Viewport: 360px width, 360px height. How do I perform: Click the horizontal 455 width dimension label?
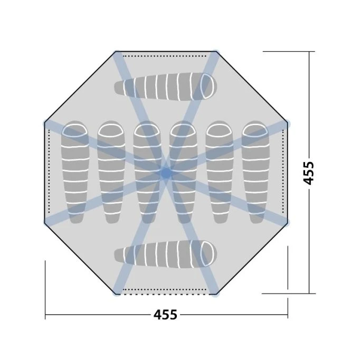coord(165,315)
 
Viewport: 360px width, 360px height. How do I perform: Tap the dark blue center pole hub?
coord(166,172)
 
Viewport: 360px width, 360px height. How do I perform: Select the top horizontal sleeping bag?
coord(165,87)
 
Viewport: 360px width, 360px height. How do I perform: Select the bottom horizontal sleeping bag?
coord(165,257)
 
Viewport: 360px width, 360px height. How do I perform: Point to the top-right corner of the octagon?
coord(215,52)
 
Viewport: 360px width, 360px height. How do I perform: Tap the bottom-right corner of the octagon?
coord(215,293)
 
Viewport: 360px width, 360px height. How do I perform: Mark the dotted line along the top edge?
coord(166,55)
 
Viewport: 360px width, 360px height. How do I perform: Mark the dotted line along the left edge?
coord(49,173)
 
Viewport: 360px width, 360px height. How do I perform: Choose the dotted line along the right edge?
coord(283,173)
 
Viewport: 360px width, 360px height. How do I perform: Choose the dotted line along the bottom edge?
coord(166,289)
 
